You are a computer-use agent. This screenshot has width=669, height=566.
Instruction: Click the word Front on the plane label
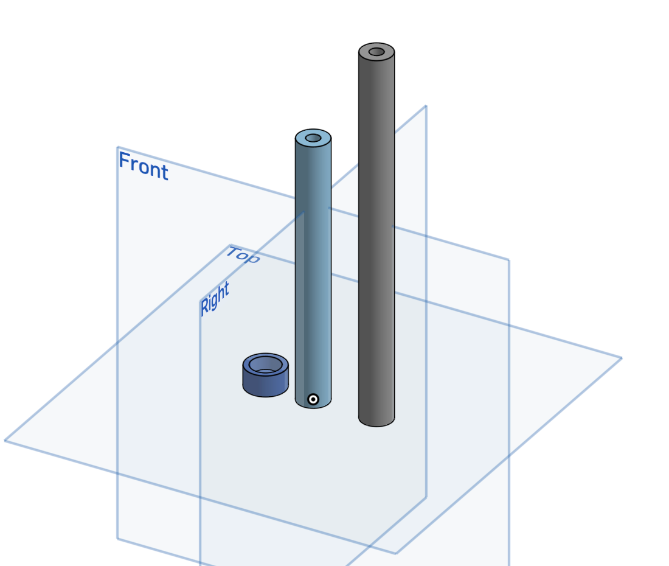(x=144, y=166)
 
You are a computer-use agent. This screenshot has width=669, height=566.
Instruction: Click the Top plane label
(x=243, y=255)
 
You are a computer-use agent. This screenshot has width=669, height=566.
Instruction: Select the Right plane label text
(x=215, y=298)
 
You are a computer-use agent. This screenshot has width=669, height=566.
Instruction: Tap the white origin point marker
(x=313, y=399)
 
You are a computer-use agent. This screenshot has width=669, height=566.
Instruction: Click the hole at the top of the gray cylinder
(x=376, y=52)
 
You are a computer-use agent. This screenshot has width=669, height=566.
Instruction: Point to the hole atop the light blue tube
(x=313, y=138)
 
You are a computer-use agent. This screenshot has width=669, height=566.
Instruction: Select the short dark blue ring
(x=265, y=375)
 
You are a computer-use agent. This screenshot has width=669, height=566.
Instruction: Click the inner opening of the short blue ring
(x=265, y=365)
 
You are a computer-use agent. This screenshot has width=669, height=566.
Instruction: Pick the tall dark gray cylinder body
(x=376, y=235)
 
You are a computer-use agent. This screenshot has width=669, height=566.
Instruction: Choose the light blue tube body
(x=313, y=269)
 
